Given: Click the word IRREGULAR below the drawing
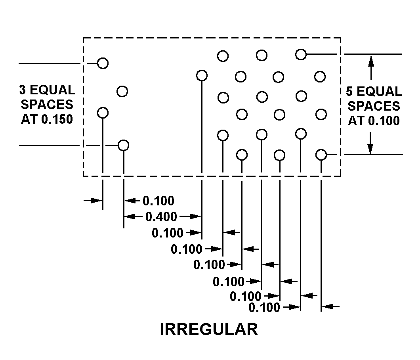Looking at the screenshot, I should pyautogui.click(x=209, y=329).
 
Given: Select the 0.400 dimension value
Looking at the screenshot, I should pyautogui.click(x=161, y=216).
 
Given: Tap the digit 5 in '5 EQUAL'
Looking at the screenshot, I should pyautogui.click(x=349, y=92).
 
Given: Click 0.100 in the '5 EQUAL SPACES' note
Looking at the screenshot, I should pyautogui.click(x=384, y=121).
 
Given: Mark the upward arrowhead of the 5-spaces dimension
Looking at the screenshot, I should pyautogui.click(x=371, y=60).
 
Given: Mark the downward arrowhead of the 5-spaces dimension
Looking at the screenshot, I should pyautogui.click(x=370, y=149).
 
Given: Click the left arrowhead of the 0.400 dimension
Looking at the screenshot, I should pyautogui.click(x=128, y=216).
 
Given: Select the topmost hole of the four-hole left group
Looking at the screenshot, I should pyautogui.click(x=103, y=63).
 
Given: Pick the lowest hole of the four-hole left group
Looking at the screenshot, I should pyautogui.click(x=124, y=146).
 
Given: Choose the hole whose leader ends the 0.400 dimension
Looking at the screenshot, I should pyautogui.click(x=202, y=75).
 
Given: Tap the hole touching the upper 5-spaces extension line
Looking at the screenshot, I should pyautogui.click(x=301, y=54).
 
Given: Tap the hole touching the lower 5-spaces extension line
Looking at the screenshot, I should pyautogui.click(x=321, y=155).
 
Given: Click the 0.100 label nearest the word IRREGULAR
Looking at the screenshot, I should pyautogui.click(x=264, y=307).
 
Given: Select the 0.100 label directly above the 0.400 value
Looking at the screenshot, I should pyautogui.click(x=158, y=201).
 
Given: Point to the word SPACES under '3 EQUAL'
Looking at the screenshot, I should pyautogui.click(x=47, y=104).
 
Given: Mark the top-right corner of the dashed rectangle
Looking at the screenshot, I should pyautogui.click(x=340, y=38).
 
